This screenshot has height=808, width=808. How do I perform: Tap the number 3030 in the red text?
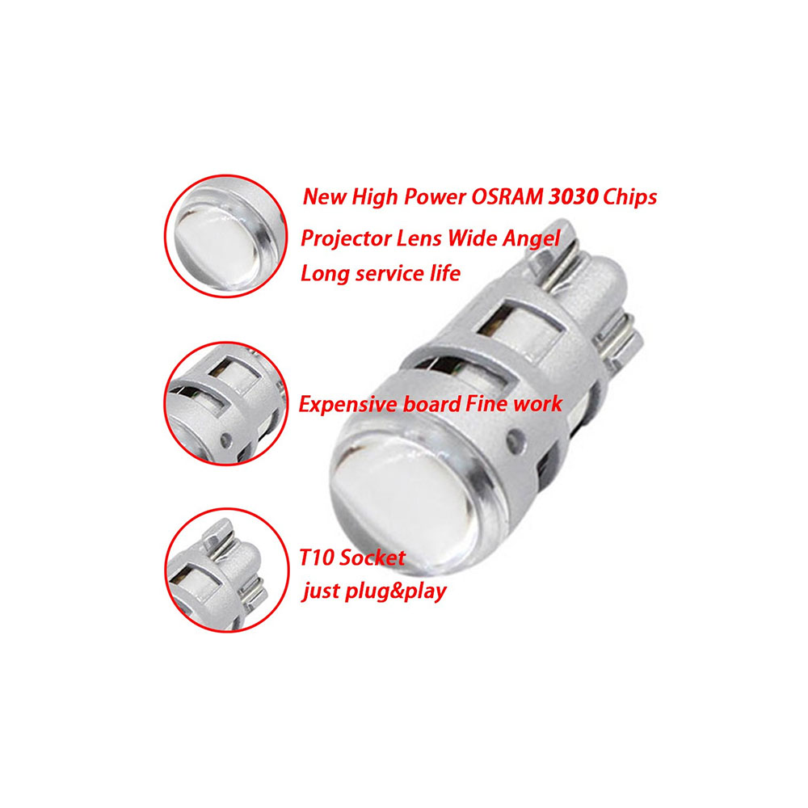(x=573, y=197)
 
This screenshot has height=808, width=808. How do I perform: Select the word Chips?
(x=629, y=198)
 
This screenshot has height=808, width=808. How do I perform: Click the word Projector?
(x=346, y=239)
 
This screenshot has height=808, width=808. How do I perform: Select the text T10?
(x=317, y=558)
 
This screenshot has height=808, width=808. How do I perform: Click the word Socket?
(x=372, y=558)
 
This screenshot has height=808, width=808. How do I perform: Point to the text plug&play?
(x=395, y=591)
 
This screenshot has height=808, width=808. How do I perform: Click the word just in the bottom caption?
(x=321, y=591)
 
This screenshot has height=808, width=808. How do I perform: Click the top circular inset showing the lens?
(x=225, y=237)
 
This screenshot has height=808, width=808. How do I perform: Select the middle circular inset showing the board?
(x=225, y=403)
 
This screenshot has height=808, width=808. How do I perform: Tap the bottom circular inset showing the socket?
(x=226, y=570)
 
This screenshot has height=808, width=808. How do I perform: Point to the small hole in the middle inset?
(x=225, y=440)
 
